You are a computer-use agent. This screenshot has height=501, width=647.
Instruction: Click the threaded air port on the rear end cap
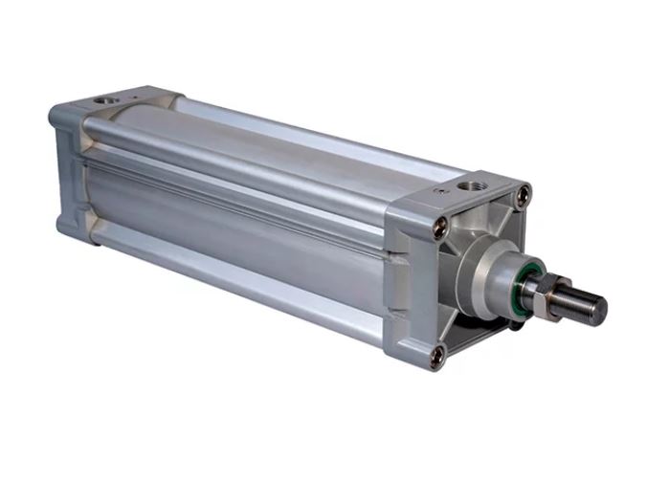pyautogui.click(x=103, y=98)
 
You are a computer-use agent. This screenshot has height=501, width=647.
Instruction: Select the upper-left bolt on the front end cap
pyautogui.click(x=441, y=228)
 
